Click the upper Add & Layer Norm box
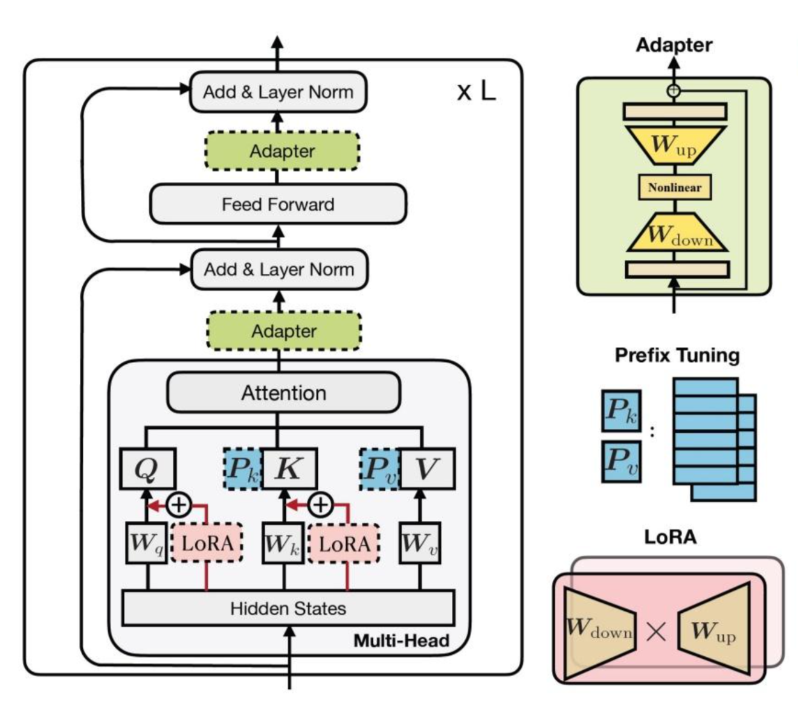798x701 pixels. (278, 92)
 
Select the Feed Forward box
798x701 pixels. (278, 204)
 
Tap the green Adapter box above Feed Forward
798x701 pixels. (282, 151)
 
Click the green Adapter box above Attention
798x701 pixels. (284, 331)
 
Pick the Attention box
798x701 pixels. (283, 393)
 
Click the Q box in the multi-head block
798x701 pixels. (147, 468)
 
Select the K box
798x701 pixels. (289, 468)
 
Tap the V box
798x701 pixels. (427, 468)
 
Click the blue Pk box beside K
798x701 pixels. (242, 468)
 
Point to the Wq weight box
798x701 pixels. (146, 543)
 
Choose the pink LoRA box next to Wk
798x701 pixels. (344, 544)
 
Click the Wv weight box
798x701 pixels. (420, 543)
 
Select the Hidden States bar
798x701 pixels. (288, 608)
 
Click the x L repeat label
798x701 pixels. (477, 91)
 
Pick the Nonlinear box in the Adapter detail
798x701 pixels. (674, 187)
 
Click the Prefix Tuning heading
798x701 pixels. (677, 355)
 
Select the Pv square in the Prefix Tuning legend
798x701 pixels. (621, 461)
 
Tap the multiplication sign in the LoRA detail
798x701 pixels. (656, 632)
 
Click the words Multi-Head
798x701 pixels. (401, 641)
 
